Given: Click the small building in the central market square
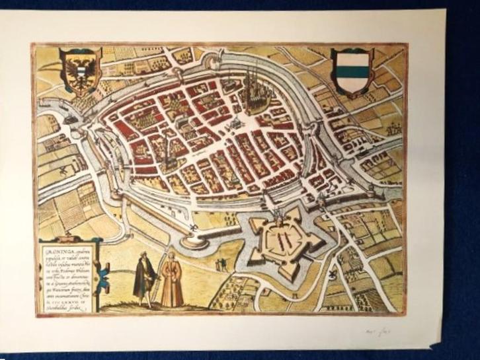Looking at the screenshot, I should point(234,124).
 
